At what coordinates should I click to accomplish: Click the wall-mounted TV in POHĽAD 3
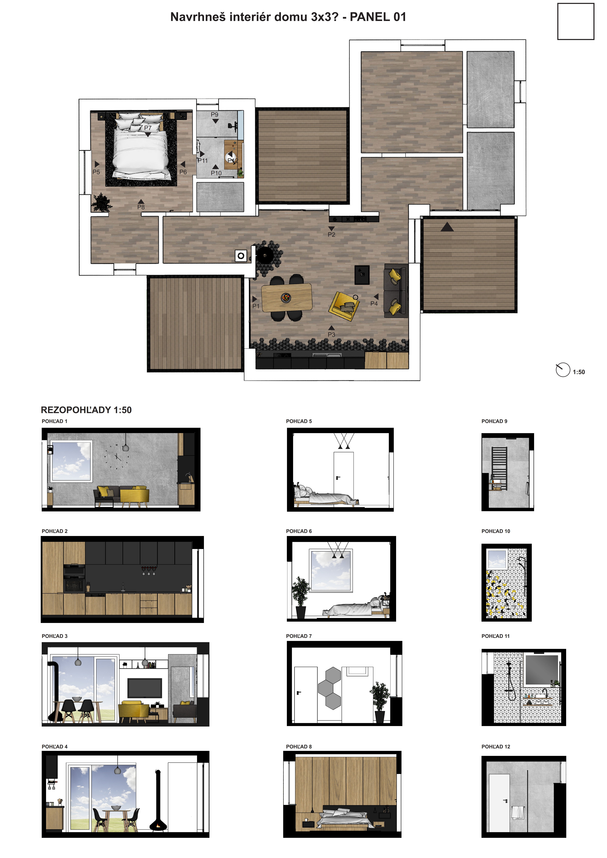click(145, 688)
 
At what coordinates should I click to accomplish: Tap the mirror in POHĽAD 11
click(542, 670)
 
